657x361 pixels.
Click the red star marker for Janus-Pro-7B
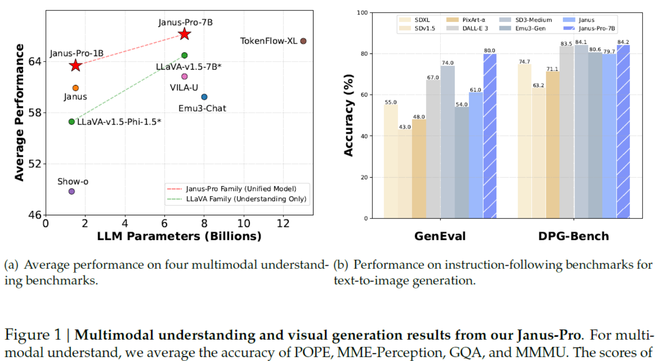[x=184, y=34]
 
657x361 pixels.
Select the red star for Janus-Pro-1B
[x=75, y=66]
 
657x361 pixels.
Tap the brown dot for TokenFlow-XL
[x=303, y=41]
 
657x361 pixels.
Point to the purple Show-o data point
[x=71, y=192]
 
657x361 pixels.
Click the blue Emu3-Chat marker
[x=204, y=97]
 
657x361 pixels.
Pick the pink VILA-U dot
[x=184, y=76]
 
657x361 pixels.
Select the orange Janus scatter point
[x=75, y=88]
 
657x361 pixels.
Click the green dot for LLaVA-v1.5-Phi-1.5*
[x=71, y=121]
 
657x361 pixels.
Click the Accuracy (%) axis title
[x=349, y=116]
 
